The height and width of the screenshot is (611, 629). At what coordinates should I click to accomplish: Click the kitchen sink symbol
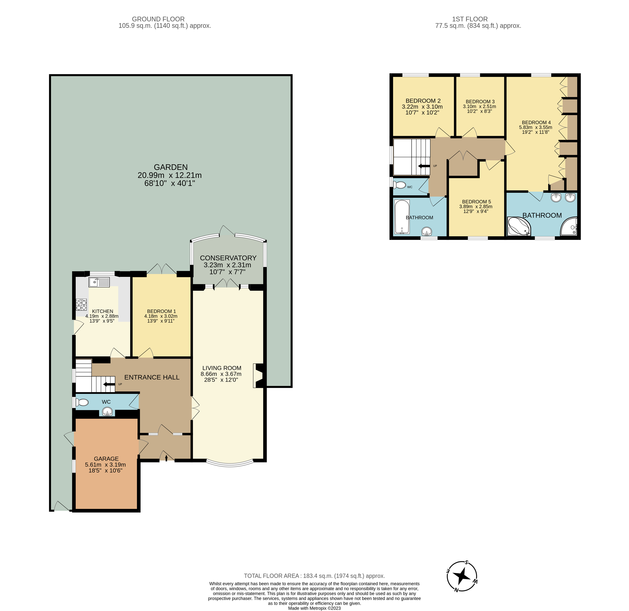[99, 282]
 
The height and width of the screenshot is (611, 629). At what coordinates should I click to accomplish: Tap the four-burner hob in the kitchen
[81, 305]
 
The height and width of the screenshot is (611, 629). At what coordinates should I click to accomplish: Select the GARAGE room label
[106, 459]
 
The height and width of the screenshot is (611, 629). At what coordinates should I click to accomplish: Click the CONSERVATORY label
[228, 258]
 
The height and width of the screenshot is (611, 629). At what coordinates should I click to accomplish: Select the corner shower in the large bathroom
[569, 227]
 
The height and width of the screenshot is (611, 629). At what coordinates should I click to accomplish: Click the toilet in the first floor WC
[400, 185]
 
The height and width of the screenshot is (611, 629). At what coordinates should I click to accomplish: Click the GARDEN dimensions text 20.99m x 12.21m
[170, 175]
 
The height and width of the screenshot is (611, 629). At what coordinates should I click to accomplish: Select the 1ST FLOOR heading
[470, 19]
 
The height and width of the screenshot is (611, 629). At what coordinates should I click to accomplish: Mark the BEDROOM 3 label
[480, 102]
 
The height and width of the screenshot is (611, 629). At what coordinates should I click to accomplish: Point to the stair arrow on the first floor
[424, 166]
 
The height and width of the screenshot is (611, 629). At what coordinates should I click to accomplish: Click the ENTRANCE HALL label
[152, 377]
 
